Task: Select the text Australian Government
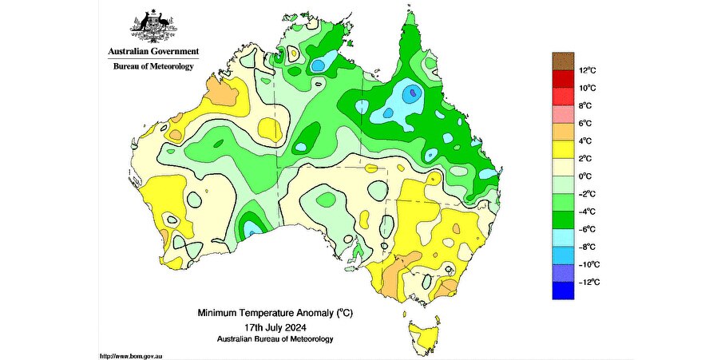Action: point(153,51)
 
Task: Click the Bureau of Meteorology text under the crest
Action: point(153,66)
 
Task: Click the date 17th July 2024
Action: point(275,327)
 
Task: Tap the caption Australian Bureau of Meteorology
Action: point(275,339)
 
